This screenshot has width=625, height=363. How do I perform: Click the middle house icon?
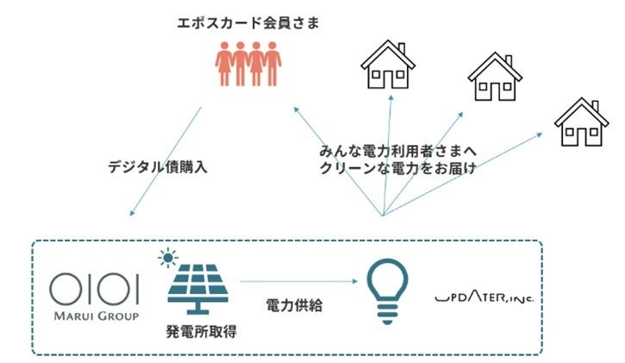coord(494,78)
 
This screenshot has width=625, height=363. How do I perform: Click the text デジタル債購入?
coord(159,167)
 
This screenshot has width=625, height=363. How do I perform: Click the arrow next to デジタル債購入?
coord(165,162)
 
